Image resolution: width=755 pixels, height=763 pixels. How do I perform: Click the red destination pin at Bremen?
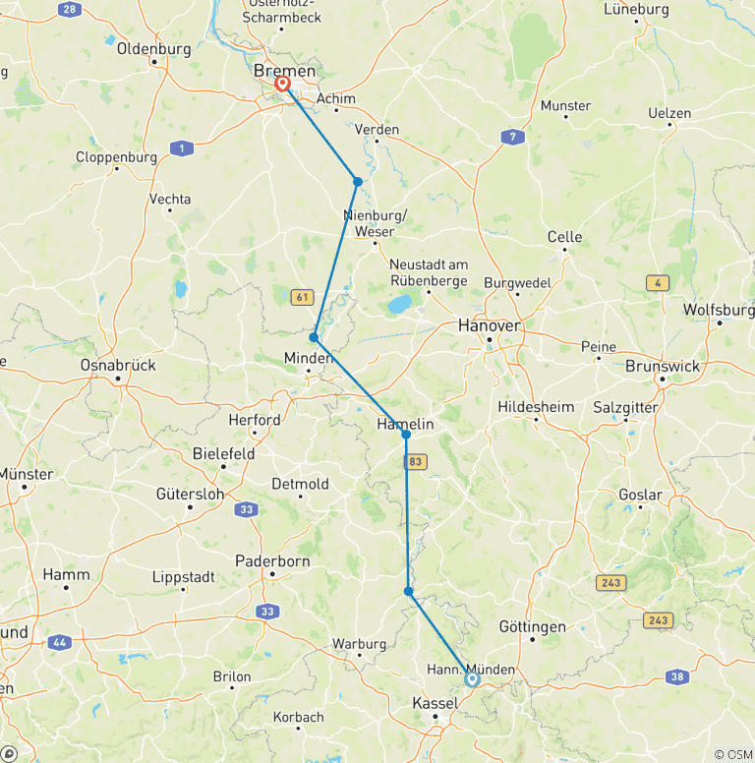(283, 84)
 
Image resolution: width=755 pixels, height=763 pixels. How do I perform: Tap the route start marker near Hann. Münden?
(472, 678)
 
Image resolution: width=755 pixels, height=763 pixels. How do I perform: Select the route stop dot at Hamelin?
(406, 434)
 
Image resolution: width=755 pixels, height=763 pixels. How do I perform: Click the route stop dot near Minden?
(314, 337)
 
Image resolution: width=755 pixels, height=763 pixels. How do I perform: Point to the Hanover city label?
(490, 325)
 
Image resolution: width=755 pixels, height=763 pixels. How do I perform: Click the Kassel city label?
(434, 703)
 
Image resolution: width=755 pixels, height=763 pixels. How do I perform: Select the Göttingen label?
(532, 626)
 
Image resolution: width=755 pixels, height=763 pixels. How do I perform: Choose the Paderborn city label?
(272, 561)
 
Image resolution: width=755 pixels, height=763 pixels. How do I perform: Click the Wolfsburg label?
(718, 309)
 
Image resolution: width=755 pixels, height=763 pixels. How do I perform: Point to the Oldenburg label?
(152, 48)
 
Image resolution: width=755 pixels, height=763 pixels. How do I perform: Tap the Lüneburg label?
(636, 9)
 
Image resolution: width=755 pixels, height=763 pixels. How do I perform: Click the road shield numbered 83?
(416, 460)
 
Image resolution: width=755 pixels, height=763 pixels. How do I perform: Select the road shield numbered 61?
(302, 296)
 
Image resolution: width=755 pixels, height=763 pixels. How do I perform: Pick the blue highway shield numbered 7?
(510, 137)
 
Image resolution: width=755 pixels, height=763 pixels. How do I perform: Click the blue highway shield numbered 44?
(60, 641)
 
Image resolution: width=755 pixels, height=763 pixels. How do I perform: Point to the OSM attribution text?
(732, 753)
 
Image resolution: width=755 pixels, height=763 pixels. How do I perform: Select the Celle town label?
(564, 237)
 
